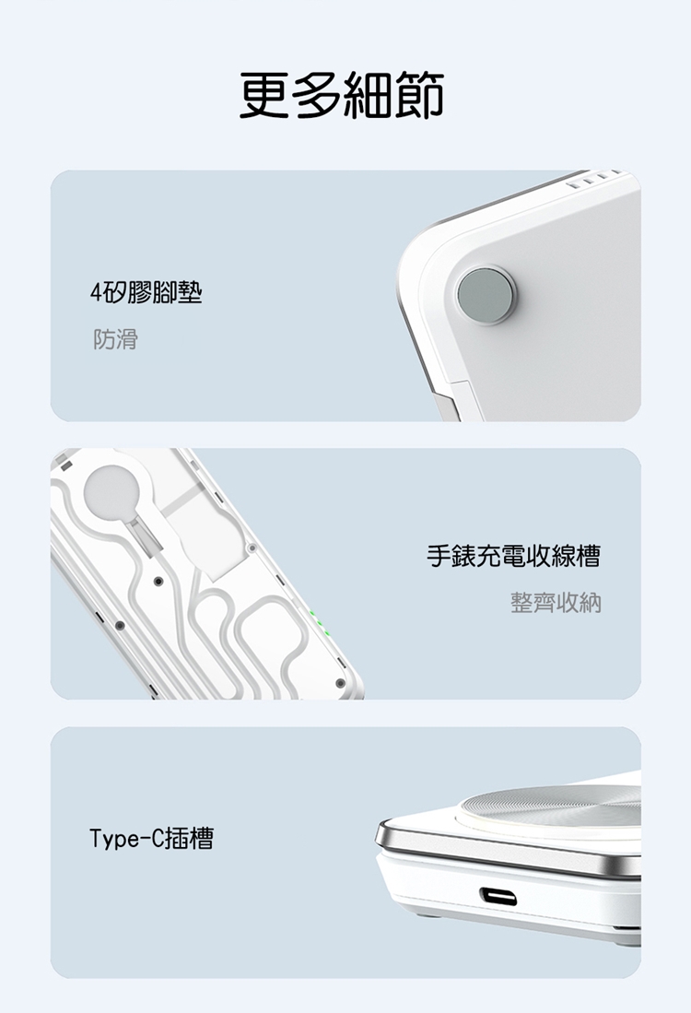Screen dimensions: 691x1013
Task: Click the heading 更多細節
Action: point(342,95)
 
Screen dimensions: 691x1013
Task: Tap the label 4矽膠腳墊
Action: point(146,293)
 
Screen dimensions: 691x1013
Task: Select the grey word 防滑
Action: point(115,338)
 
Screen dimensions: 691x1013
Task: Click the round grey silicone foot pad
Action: point(485,295)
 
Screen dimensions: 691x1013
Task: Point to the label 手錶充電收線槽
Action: point(514,556)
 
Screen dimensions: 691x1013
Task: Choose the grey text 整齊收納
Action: point(556,602)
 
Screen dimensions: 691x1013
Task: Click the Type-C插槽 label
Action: point(152,839)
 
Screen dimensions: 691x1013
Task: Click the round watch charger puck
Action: point(111,492)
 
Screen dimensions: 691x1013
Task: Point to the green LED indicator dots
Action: point(320,621)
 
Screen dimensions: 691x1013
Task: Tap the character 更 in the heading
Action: point(264,95)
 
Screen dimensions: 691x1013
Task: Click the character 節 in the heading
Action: point(420,95)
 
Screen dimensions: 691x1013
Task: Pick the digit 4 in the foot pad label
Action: point(96,294)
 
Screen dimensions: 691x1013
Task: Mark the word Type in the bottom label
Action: point(113,839)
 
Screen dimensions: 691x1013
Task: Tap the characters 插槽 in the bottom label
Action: point(189,839)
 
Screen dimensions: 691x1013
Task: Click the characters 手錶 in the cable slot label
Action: point(451,556)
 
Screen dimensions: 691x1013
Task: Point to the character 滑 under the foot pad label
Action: point(127,338)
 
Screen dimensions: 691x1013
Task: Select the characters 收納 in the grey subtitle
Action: point(579,602)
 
